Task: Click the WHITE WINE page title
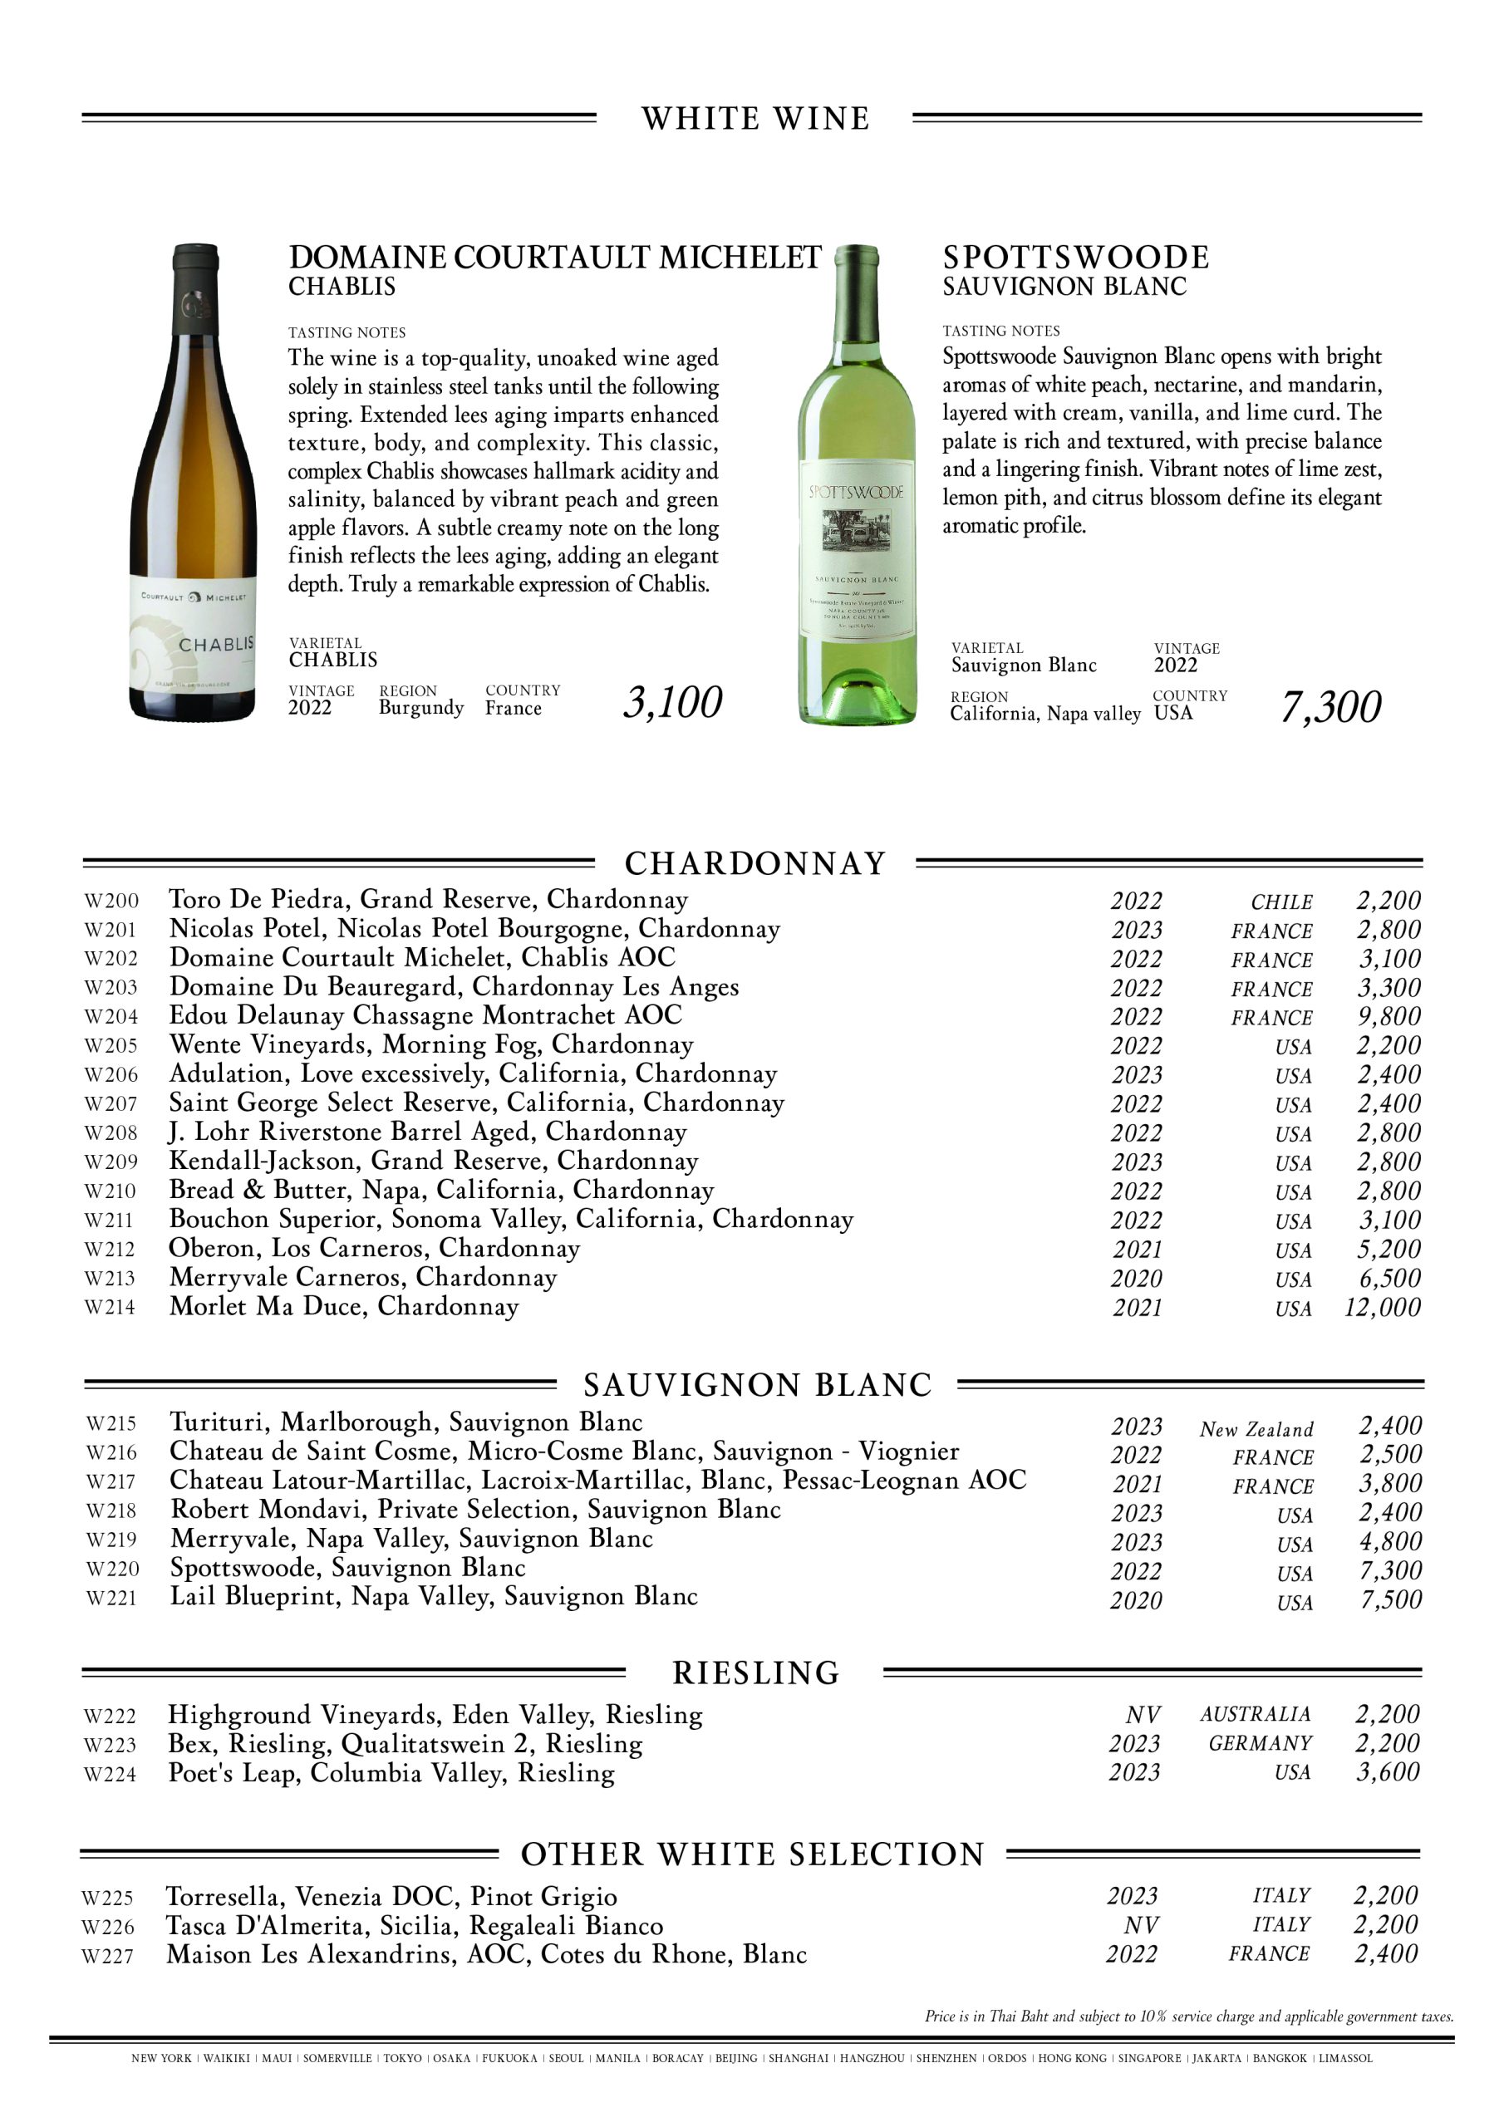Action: pos(755,119)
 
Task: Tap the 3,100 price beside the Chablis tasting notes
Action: pos(672,703)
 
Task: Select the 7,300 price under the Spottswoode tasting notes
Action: pos(1330,707)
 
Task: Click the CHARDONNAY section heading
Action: pos(755,863)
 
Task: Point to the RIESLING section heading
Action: pos(755,1673)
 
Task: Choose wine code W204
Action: pos(111,1016)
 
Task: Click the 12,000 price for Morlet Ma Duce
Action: pos(1382,1307)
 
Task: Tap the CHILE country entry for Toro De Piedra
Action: pos(1281,902)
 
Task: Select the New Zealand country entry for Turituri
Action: pos(1256,1429)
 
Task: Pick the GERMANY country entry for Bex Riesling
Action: pos(1261,1743)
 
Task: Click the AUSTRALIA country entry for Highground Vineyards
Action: pos(1256,1714)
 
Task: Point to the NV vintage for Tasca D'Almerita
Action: pos(1141,1925)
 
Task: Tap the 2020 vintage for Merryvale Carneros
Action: pos(1136,1279)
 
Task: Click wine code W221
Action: pos(111,1598)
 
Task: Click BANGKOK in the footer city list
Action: pos(1280,2085)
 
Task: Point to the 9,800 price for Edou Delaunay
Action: pos(1389,1016)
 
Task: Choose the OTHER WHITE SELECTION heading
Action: pos(753,1854)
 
